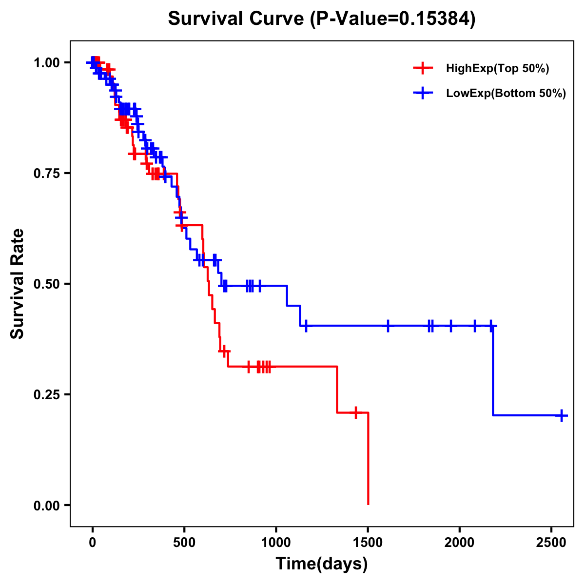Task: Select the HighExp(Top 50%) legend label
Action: pos(497,68)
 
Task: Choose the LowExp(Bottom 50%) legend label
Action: pos(506,94)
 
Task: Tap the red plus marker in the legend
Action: pos(423,68)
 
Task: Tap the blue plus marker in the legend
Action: pos(423,93)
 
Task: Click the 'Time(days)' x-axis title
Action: pos(322,564)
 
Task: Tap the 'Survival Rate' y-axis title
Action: pos(18,284)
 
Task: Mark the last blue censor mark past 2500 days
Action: pos(562,415)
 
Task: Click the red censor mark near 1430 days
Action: pos(356,412)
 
